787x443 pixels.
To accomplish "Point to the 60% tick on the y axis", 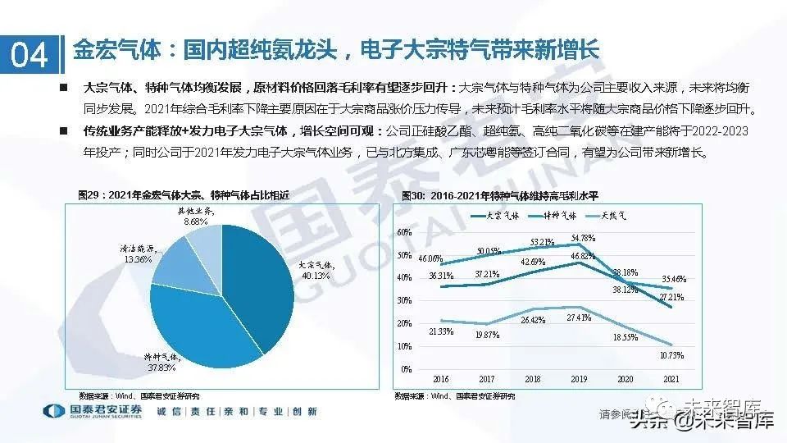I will pos(404,232).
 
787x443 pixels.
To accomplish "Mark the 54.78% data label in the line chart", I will pos(583,238).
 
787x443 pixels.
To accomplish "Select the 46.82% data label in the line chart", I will pos(583,257).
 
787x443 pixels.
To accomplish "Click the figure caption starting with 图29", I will pos(184,195).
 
